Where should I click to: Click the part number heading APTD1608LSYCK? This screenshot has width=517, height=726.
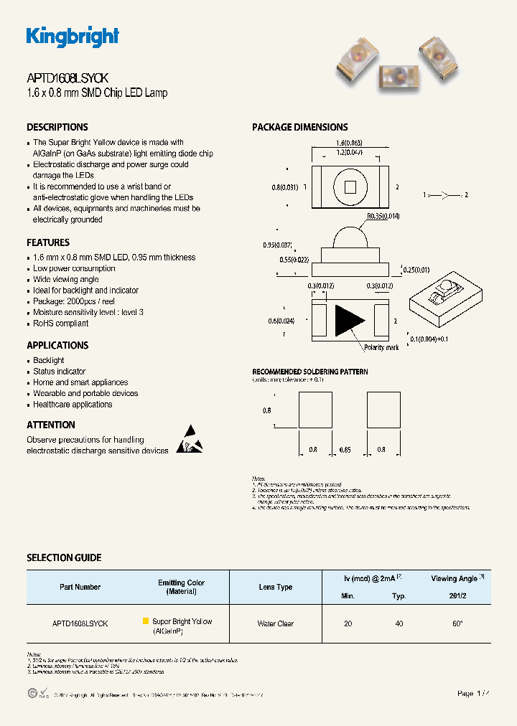67,79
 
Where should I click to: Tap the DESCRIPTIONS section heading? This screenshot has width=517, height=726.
57,127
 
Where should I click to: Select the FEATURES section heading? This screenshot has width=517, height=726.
48,242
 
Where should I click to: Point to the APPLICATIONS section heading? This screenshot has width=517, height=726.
57,345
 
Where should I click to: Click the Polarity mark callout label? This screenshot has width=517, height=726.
381,347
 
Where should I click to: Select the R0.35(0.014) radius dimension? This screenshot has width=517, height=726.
383,215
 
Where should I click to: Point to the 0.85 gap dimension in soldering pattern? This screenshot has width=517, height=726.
345,450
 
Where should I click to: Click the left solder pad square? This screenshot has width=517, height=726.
313,410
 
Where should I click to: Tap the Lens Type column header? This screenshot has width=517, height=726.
276,587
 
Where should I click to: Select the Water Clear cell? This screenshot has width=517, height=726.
276,624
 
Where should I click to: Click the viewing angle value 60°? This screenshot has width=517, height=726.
457,624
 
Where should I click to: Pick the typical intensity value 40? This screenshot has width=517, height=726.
399,624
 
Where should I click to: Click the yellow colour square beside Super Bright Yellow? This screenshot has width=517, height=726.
146,621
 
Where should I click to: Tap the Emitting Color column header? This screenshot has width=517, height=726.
182,587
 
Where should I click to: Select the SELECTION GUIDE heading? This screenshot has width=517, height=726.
64,557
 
